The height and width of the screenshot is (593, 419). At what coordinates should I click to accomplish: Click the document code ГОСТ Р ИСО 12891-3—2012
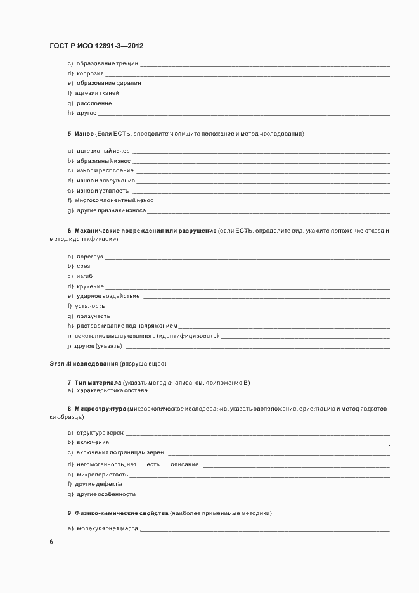(x=101, y=46)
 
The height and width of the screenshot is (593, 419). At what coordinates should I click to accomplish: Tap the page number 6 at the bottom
(x=51, y=542)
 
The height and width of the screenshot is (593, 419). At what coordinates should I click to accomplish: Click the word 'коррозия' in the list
(x=90, y=73)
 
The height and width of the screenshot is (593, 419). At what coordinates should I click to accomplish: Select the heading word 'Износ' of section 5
(x=84, y=134)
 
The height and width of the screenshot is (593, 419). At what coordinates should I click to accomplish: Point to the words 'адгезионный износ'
(x=103, y=151)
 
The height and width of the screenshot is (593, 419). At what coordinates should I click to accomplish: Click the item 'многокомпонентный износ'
(x=114, y=200)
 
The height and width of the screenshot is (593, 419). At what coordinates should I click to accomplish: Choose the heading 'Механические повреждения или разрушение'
(x=145, y=231)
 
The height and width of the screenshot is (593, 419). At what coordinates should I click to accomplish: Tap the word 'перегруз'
(x=89, y=257)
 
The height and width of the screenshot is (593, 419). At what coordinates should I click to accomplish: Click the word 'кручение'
(x=90, y=286)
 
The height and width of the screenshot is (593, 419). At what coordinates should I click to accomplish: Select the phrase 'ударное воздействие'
(x=108, y=296)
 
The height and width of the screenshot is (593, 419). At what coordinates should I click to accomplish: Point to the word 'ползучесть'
(x=93, y=316)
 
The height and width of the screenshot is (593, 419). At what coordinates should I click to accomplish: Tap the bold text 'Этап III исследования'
(x=84, y=364)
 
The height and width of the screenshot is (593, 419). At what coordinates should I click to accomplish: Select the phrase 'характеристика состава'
(x=112, y=391)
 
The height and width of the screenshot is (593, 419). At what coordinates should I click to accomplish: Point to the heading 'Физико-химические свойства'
(x=121, y=512)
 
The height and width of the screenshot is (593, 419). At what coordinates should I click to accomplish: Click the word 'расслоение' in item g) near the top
(x=94, y=103)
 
